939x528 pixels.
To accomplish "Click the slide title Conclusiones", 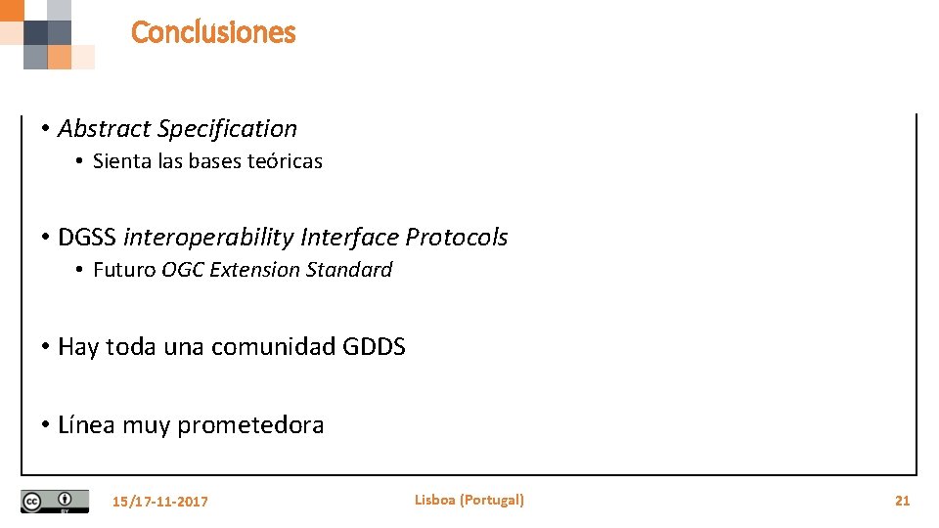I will (213, 32).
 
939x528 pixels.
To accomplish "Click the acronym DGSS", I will (87, 238).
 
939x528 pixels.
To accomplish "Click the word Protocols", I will (457, 238).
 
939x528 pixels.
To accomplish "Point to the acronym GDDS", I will (375, 347).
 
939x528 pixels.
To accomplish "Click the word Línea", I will (88, 425).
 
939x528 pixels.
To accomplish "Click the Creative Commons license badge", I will (55, 501).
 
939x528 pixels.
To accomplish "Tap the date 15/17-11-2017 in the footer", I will (160, 502).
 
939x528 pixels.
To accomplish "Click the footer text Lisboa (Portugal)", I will (469, 500).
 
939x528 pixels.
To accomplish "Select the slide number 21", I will (902, 501).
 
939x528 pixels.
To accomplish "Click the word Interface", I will (350, 238).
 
